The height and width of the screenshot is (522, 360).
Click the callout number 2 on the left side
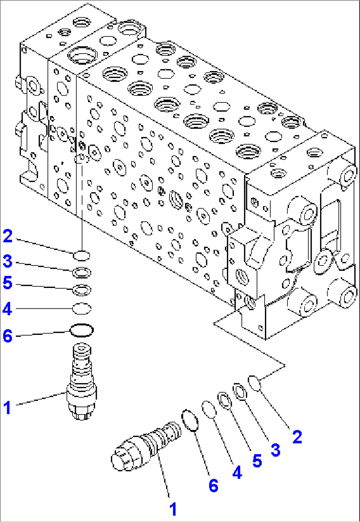8,236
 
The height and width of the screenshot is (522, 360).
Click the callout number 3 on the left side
8,261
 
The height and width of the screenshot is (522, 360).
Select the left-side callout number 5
8,283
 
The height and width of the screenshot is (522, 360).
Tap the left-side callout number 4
8,309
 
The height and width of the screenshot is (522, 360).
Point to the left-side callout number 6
8,336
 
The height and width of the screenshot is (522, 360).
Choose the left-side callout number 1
7,407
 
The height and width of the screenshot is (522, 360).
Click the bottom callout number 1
173,509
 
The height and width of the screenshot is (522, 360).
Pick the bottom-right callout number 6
213,485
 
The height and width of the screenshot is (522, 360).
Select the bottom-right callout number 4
237,472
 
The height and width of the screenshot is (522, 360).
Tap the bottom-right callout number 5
257,461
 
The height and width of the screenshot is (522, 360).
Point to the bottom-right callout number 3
275,450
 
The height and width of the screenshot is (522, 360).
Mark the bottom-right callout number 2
297,437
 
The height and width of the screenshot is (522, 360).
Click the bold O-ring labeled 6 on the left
82,330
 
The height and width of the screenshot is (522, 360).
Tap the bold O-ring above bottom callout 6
190,420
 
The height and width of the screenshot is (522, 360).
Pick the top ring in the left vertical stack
81,255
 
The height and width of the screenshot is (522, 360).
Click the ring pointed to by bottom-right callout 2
255,383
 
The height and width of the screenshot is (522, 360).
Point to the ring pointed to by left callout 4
82,308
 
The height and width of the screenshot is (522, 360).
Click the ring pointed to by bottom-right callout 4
209,409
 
